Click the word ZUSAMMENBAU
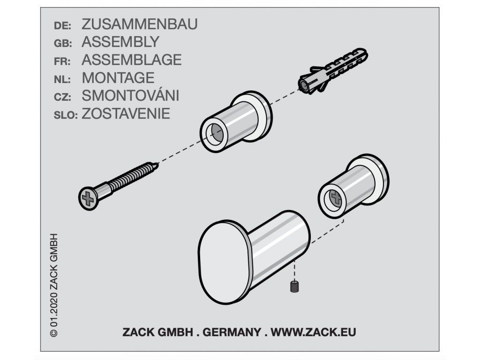140,24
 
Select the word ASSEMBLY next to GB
120,42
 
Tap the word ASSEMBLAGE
132,60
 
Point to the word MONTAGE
118,78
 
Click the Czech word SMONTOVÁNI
130,95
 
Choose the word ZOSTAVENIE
126,113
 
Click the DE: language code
62,26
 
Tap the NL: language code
62,80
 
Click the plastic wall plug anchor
333,71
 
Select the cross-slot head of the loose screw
89,199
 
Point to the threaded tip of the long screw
156,166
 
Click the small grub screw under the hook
294,286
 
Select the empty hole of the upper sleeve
216,134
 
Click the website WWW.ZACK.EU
313,332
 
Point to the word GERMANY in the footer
232,332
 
